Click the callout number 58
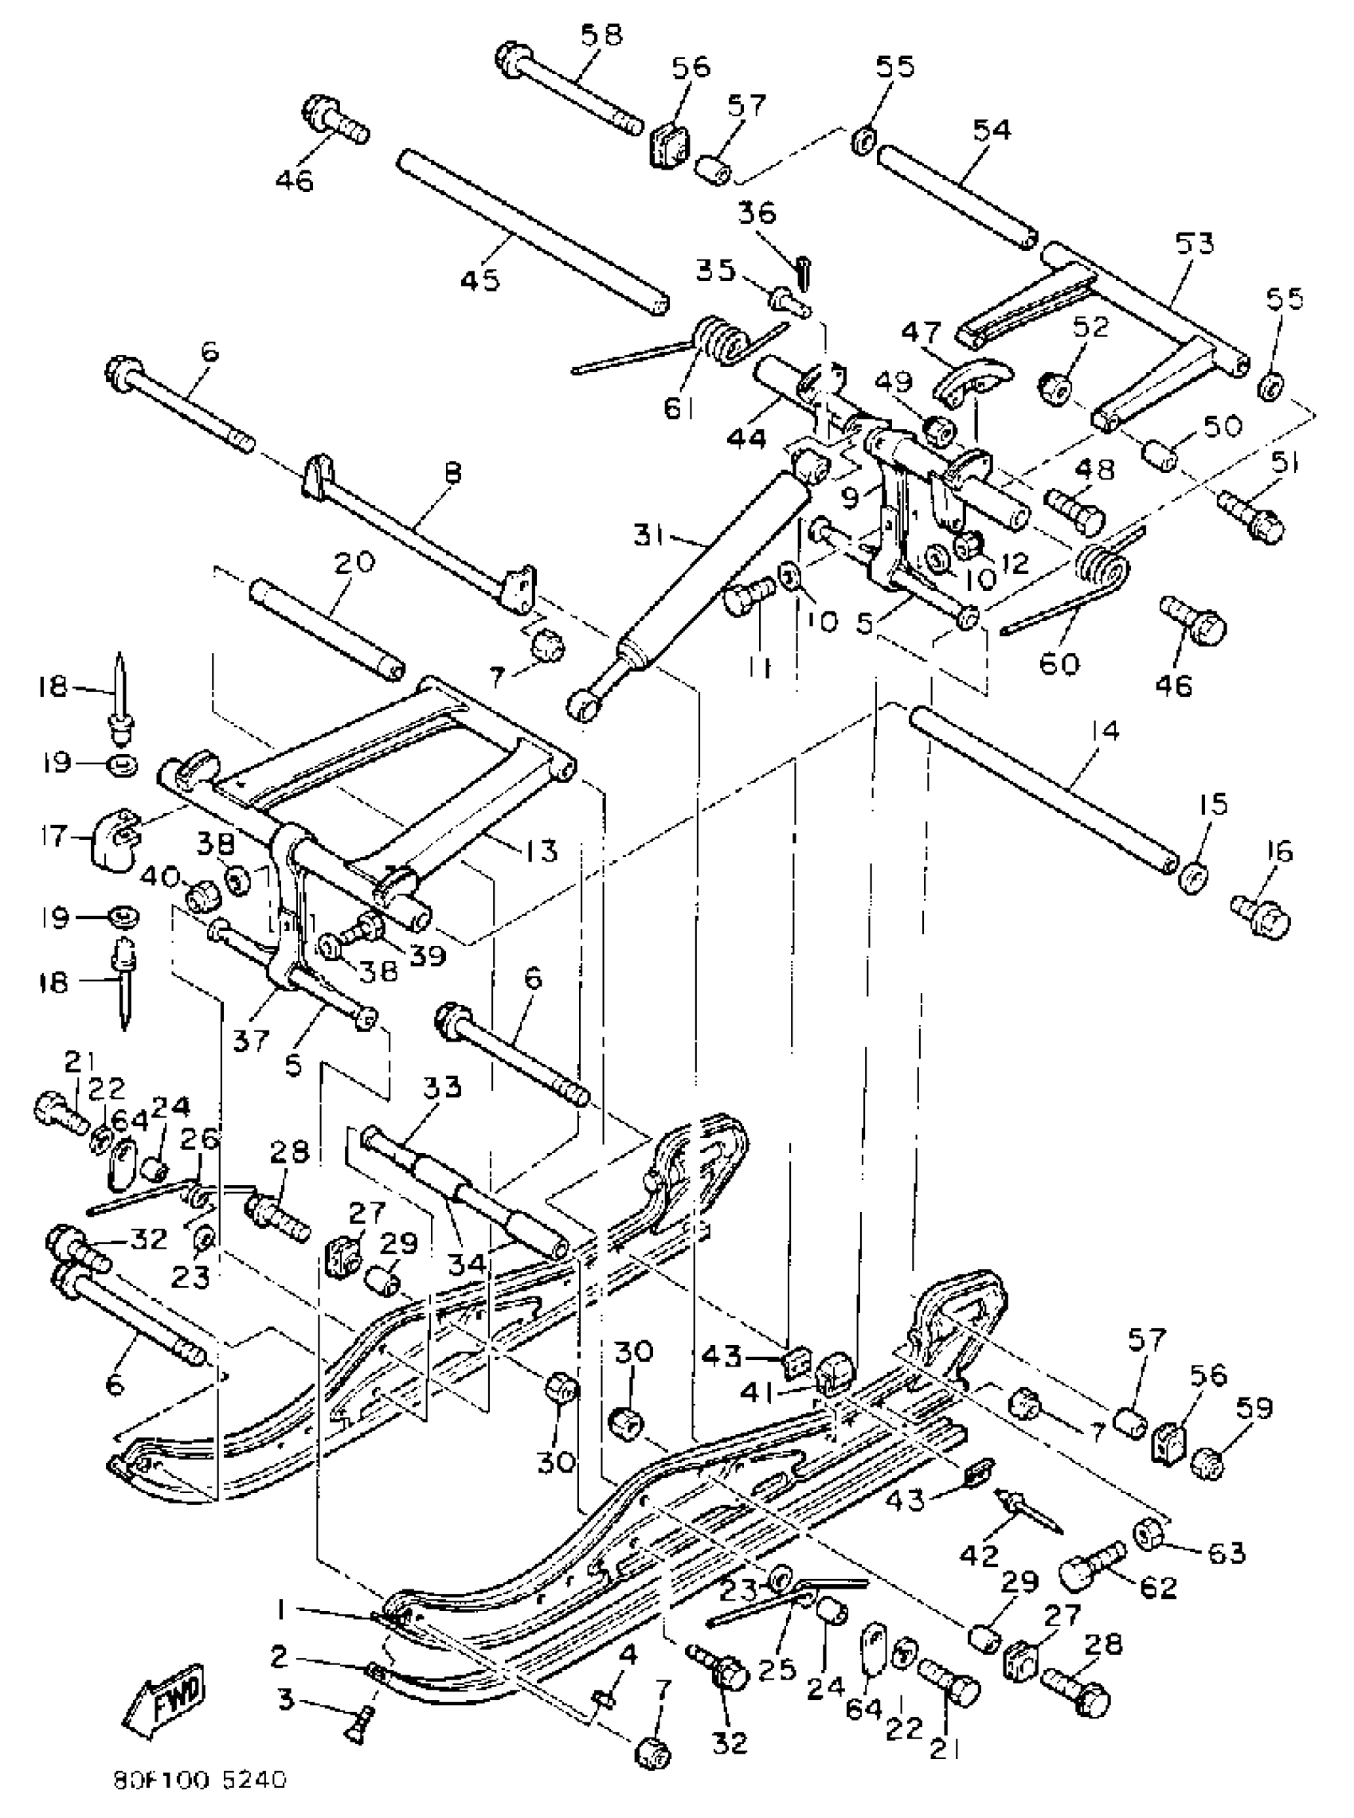click(601, 36)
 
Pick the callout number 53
click(1193, 244)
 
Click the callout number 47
click(922, 333)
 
